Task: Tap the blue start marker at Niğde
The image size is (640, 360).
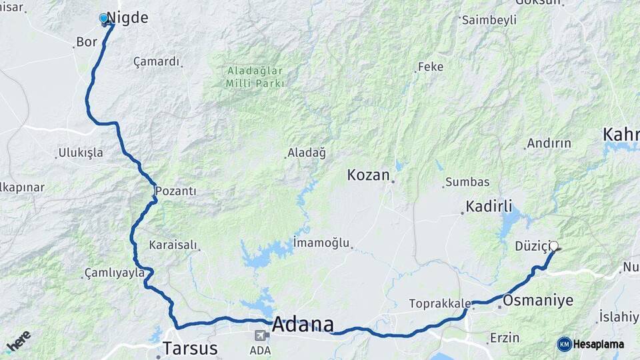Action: [x=104, y=19]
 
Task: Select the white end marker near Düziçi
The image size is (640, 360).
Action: [x=553, y=246]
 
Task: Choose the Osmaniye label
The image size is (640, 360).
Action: [x=538, y=301]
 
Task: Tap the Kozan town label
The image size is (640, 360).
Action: [x=368, y=175]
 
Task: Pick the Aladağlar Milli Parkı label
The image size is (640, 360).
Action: [x=255, y=77]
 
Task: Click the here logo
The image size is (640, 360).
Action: [x=18, y=341]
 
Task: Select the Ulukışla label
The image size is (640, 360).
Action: [x=81, y=153]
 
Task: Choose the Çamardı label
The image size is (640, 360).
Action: [x=157, y=62]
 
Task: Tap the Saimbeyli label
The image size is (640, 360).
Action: [x=489, y=20]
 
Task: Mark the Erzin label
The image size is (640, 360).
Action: [x=505, y=338]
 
